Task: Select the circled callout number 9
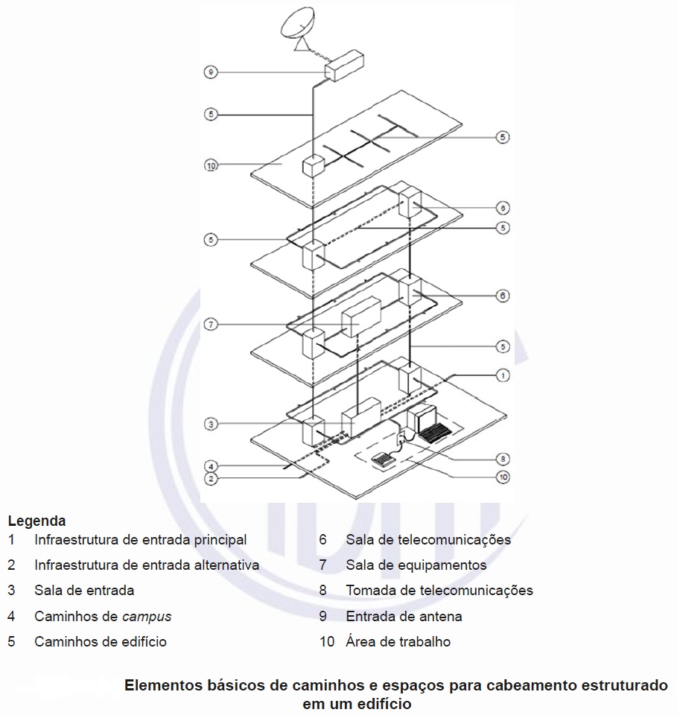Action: click(211, 72)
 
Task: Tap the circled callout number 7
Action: click(211, 325)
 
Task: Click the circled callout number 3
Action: click(211, 424)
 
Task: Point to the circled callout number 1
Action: click(503, 375)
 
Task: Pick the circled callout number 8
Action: click(503, 459)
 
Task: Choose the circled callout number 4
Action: click(211, 466)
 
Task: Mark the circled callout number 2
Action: click(211, 479)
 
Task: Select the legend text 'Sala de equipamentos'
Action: click(416, 565)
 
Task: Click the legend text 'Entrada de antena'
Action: click(404, 616)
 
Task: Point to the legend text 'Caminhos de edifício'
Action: click(101, 641)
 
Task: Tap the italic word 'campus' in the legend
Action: click(147, 616)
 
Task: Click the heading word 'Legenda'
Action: click(36, 521)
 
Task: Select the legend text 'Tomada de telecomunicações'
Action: click(439, 591)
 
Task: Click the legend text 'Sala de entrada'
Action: click(84, 591)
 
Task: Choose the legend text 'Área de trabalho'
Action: click(398, 641)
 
